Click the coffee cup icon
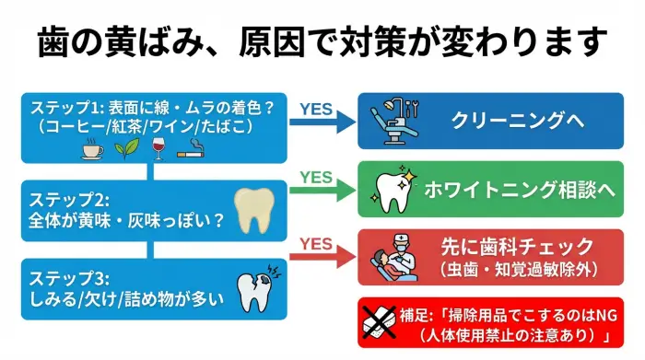coord(91,150)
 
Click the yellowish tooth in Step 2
coord(252,210)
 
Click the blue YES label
coord(315,110)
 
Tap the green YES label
coord(315,176)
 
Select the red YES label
coord(315,243)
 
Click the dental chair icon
coord(393,121)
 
